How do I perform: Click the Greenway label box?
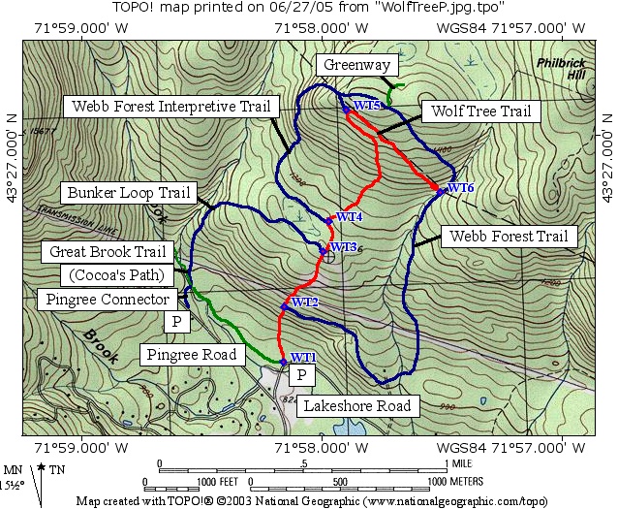[x=357, y=66]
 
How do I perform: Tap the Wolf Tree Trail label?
[x=479, y=111]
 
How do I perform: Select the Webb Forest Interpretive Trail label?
[x=170, y=105]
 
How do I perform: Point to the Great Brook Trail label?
[x=109, y=252]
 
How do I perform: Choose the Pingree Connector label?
[x=107, y=300]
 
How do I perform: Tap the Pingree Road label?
[x=191, y=355]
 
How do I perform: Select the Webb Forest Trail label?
[x=509, y=236]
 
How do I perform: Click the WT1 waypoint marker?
[x=283, y=362]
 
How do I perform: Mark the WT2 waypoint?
[x=284, y=306]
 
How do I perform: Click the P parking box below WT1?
[x=302, y=375]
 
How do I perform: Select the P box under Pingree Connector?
[x=176, y=322]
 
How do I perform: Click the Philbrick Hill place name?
[x=562, y=69]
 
